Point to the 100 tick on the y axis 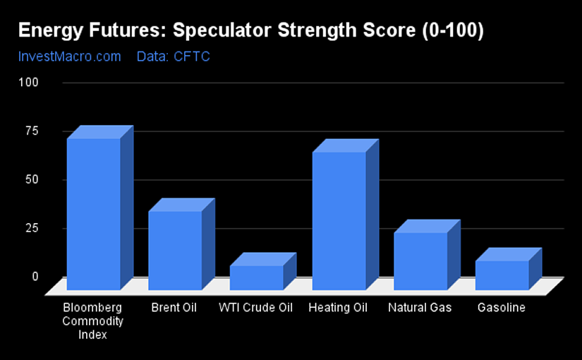click(29, 82)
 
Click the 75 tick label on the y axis click(32, 131)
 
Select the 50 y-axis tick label click(32, 179)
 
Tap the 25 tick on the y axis click(32, 228)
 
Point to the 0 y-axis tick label click(35, 277)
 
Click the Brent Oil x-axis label click(174, 308)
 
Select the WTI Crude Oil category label click(256, 308)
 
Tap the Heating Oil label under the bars click(338, 308)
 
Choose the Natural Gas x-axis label click(420, 308)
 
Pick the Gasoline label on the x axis click(502, 308)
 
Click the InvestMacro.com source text click(70, 56)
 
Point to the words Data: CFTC click(174, 56)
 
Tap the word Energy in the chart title click(50, 31)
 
